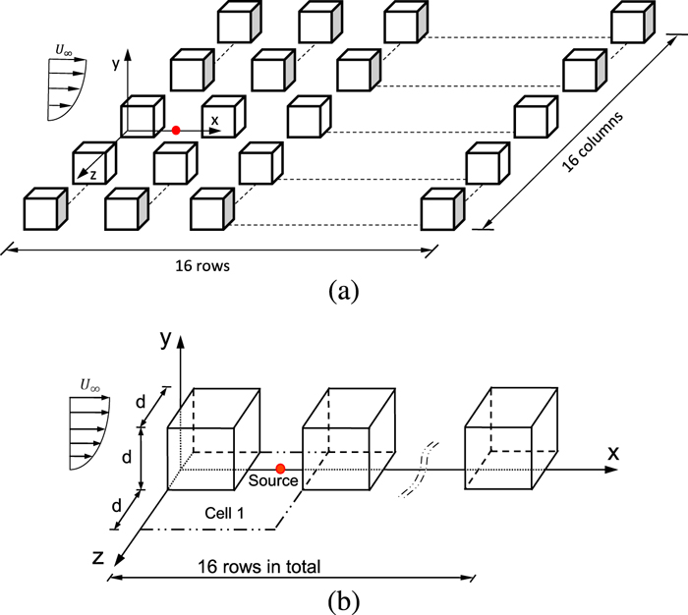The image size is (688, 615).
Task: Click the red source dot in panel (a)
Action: tap(176, 130)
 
